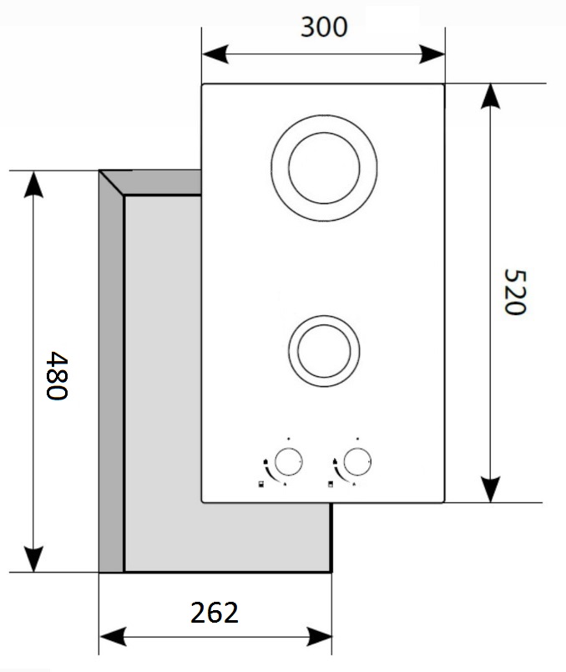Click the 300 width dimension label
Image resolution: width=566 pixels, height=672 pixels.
(323, 28)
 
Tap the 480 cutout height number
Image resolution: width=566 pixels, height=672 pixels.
(55, 375)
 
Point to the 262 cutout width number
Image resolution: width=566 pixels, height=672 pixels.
(215, 613)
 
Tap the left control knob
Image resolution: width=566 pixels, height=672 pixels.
(288, 461)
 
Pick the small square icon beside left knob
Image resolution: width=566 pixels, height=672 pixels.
(261, 485)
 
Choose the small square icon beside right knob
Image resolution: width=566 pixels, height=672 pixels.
(331, 485)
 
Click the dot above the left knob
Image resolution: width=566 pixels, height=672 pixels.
(287, 438)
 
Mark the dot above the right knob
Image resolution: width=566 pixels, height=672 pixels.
(357, 438)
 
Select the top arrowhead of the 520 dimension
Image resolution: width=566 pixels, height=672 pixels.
(490, 96)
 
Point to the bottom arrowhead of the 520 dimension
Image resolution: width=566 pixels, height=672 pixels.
(490, 490)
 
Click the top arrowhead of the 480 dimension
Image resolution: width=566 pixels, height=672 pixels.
(33, 183)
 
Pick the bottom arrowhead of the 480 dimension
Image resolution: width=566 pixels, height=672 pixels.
(33, 560)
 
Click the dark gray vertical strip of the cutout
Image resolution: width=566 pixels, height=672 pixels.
(111, 376)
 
